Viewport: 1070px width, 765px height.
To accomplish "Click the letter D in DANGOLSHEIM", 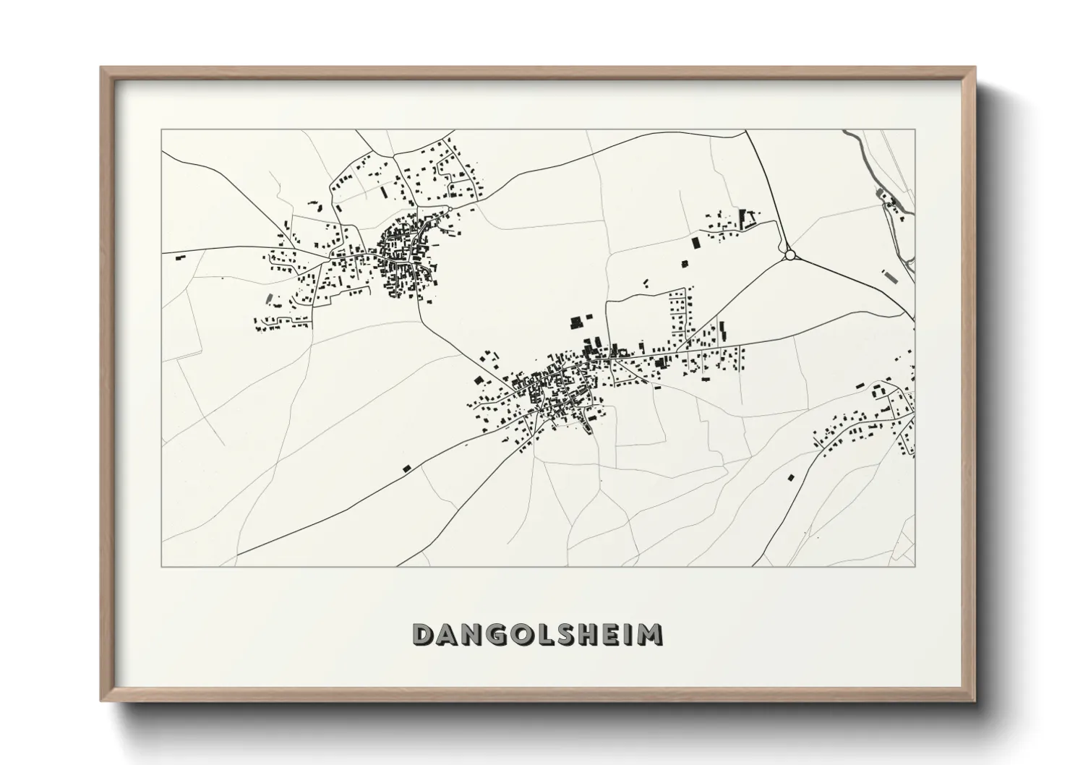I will pos(423,634).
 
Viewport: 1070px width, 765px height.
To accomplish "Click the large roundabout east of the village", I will pos(789,255).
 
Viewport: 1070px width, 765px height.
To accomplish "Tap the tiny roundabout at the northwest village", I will pos(450,210).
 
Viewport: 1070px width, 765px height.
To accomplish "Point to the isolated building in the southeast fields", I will pos(791,476).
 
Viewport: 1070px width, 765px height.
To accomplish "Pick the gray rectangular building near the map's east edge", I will pos(888,275).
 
